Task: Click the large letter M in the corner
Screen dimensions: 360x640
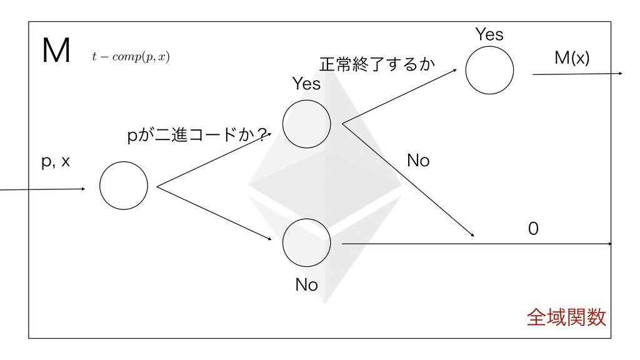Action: point(55,52)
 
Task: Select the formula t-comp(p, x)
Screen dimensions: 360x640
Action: point(130,57)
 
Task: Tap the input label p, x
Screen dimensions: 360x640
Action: point(56,162)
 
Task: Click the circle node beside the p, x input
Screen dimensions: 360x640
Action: point(124,186)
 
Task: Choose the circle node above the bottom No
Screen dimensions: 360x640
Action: point(306,243)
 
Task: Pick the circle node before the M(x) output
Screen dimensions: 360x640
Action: point(489,69)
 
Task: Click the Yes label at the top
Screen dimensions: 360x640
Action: point(489,35)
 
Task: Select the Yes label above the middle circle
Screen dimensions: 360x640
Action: point(306,84)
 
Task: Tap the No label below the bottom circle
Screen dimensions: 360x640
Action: point(306,286)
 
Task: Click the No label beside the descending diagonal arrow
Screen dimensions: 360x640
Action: point(418,161)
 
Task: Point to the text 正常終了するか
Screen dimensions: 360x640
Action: point(376,64)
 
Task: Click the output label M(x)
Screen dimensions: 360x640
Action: point(572,58)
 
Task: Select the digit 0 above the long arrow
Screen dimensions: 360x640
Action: point(532,230)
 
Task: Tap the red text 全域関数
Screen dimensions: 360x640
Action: point(566,319)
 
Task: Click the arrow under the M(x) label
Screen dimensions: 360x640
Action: point(576,74)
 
